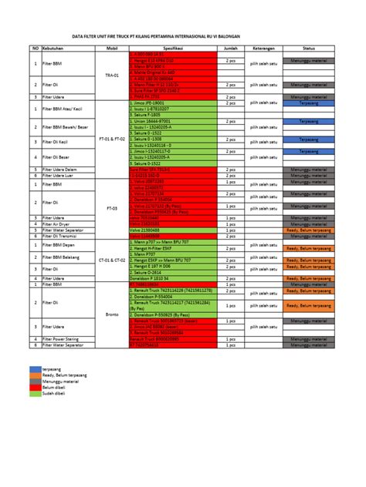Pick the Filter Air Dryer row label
coord(58,223)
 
